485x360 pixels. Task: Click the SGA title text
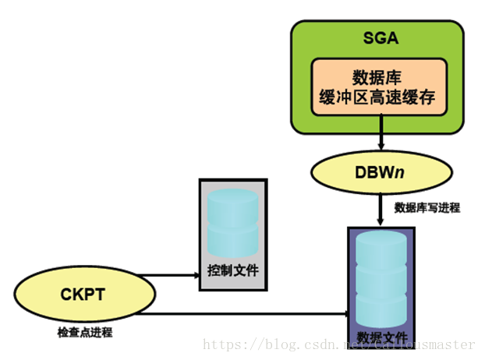coord(379,37)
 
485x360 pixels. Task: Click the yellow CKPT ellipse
coord(76,295)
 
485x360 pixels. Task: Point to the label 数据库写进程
coord(427,208)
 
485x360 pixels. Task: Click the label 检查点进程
coord(85,333)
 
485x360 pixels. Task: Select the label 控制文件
coord(232,272)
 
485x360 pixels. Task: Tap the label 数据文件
coord(381,337)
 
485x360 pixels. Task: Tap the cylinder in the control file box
coord(232,222)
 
